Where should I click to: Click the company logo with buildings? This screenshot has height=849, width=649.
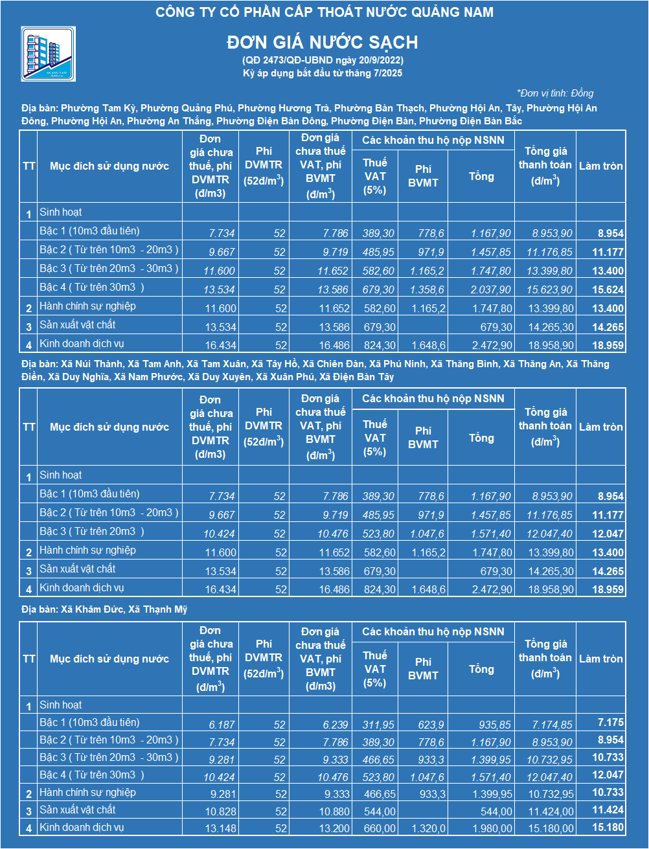click(x=49, y=54)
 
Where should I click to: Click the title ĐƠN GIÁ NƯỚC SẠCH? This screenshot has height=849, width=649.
click(x=323, y=43)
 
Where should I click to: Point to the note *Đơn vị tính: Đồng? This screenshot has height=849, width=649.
click(x=555, y=93)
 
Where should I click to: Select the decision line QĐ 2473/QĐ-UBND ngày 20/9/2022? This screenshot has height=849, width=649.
click(x=323, y=60)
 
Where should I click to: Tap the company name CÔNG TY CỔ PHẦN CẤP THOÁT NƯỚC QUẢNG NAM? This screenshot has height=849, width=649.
click(x=324, y=12)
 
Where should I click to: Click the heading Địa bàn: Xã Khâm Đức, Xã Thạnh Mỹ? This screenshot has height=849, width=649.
click(x=104, y=609)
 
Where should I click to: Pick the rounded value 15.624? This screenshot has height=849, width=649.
click(x=608, y=289)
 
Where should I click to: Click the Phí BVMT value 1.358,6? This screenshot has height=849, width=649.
click(x=427, y=289)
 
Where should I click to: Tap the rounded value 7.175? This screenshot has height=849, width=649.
click(x=610, y=722)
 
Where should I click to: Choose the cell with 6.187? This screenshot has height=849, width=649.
click(x=222, y=725)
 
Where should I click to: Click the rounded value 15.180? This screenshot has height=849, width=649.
click(x=608, y=827)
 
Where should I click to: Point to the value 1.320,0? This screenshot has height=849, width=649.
click(x=428, y=828)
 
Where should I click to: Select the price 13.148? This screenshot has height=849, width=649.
click(x=220, y=828)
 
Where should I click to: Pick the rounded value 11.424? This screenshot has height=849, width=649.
click(x=608, y=809)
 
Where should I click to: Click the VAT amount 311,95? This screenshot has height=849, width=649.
click(x=378, y=725)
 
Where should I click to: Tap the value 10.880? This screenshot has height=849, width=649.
click(x=334, y=811)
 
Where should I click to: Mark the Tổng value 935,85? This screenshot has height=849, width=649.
click(x=495, y=725)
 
